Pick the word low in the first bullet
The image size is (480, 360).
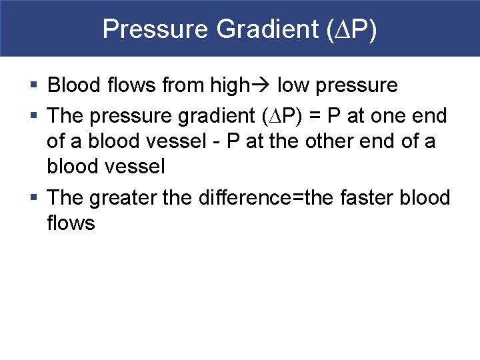[293, 85]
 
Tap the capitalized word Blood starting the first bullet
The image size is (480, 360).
[74, 85]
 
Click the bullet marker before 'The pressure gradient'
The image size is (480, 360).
[34, 116]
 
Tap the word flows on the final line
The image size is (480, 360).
[71, 223]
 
